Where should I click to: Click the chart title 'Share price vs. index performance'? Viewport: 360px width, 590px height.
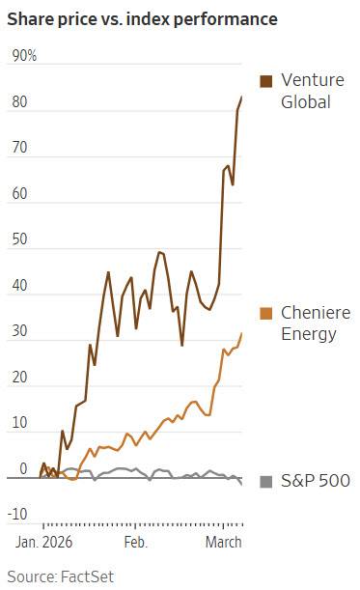141,18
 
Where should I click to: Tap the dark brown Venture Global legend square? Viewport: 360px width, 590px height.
266,80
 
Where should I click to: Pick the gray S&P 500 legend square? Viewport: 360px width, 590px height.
266,481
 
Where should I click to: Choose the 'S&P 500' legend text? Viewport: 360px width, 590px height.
315,481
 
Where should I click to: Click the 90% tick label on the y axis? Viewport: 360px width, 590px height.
24,56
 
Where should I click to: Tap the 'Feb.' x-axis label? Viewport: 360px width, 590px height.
135,543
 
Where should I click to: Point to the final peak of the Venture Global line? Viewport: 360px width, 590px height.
241,97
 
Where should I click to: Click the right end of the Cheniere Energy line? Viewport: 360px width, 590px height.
241,333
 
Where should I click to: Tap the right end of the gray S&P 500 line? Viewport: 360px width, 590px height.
241,483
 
